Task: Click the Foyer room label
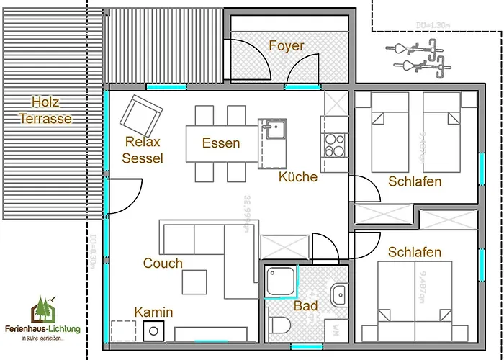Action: click(287, 46)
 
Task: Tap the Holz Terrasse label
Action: click(45, 110)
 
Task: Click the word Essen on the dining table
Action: click(220, 143)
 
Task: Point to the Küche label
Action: click(297, 176)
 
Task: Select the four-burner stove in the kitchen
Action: click(335, 146)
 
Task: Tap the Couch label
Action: click(163, 263)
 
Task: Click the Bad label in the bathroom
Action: click(305, 306)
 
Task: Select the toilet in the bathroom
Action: click(280, 324)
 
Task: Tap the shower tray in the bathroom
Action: click(281, 282)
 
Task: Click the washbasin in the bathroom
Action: click(339, 294)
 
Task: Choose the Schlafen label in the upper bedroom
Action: click(414, 181)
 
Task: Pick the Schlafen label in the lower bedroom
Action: click(414, 252)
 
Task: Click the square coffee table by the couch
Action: click(194, 282)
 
